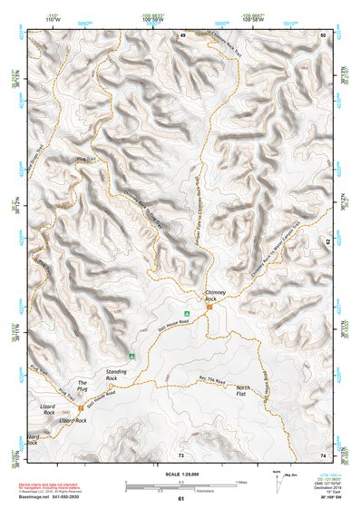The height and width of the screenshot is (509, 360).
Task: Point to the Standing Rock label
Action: coord(117,373)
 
